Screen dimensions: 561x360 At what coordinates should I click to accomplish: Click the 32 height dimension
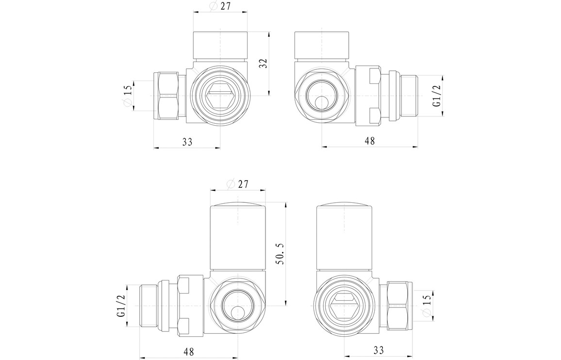tap(264, 64)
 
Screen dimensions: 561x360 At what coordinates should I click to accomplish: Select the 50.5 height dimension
tap(280, 254)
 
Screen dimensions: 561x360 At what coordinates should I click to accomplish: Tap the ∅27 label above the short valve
tap(220, 6)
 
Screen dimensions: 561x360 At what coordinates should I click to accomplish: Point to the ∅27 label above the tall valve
tap(237, 184)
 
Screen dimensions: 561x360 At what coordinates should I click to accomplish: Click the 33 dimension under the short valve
tap(187, 142)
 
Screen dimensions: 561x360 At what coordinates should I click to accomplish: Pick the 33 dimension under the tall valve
tap(378, 350)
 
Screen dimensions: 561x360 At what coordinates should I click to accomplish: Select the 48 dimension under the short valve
tap(370, 141)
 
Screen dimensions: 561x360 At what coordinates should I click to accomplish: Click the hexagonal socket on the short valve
tap(220, 96)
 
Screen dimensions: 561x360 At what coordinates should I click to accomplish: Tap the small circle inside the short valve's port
tap(322, 103)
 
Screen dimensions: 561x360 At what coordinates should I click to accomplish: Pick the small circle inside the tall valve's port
tap(237, 313)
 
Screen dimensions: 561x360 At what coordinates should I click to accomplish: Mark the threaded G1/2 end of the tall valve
tap(149, 305)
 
